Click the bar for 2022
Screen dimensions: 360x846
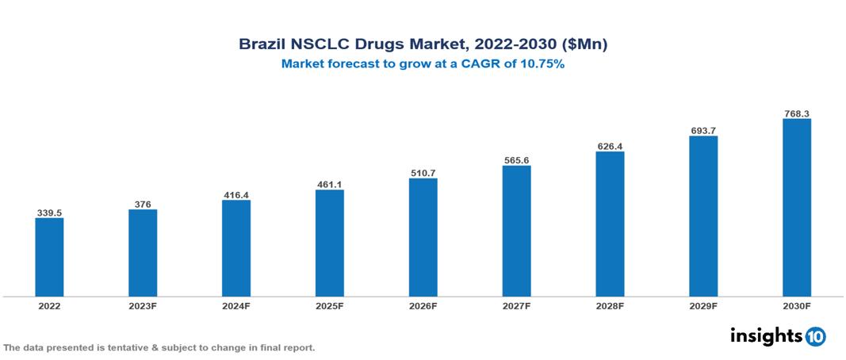click(x=49, y=257)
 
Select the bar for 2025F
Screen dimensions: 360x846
click(x=329, y=243)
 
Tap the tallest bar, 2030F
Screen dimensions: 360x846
click(x=796, y=208)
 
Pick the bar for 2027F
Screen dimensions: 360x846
click(x=516, y=231)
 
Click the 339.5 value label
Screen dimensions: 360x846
click(x=49, y=213)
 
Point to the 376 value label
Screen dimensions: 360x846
click(x=143, y=204)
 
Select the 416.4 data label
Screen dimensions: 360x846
click(x=236, y=194)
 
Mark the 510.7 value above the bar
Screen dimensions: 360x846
click(x=423, y=172)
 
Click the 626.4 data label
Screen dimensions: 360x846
click(x=610, y=146)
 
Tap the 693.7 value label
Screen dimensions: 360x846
click(x=703, y=130)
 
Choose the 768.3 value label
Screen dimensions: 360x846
click(x=796, y=113)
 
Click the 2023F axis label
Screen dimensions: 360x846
click(x=143, y=305)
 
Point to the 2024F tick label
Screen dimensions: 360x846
click(x=236, y=305)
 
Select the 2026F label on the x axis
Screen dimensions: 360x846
click(x=423, y=305)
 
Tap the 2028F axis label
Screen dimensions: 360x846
click(x=610, y=305)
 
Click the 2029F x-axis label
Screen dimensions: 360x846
click(x=703, y=305)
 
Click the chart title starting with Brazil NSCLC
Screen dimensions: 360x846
click(x=423, y=45)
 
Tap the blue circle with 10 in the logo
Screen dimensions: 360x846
click(x=815, y=336)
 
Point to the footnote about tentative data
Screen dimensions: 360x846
click(x=159, y=348)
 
